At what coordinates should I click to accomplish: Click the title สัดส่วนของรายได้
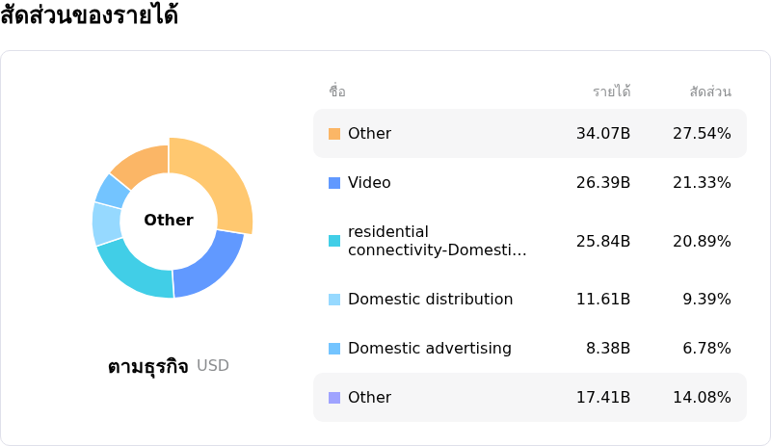pyautogui.click(x=89, y=16)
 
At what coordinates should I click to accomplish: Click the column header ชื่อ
pyautogui.click(x=337, y=92)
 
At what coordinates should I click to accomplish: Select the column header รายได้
pyautogui.click(x=611, y=92)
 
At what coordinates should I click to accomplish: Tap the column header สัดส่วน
pyautogui.click(x=710, y=92)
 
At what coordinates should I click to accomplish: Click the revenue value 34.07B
pyautogui.click(x=603, y=134)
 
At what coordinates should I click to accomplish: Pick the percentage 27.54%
pyautogui.click(x=702, y=134)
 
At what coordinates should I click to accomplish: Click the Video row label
pyautogui.click(x=369, y=183)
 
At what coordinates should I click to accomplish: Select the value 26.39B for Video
pyautogui.click(x=603, y=183)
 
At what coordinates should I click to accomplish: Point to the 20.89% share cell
pyautogui.click(x=702, y=241)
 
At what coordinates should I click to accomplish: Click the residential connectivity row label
pyautogui.click(x=437, y=241)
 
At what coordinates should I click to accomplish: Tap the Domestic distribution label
pyautogui.click(x=430, y=300)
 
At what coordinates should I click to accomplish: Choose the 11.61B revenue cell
pyautogui.click(x=603, y=300)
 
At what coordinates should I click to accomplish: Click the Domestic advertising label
pyautogui.click(x=429, y=349)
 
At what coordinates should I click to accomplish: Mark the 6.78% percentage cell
pyautogui.click(x=706, y=349)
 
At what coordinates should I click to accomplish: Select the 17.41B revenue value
pyautogui.click(x=603, y=398)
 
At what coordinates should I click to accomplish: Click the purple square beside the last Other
pyautogui.click(x=334, y=398)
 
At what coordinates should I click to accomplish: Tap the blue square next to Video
pyautogui.click(x=334, y=183)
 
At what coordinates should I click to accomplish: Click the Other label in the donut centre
pyautogui.click(x=169, y=221)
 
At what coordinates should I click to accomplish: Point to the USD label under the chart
pyautogui.click(x=213, y=366)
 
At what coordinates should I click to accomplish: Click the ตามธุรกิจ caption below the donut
pyautogui.click(x=148, y=367)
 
